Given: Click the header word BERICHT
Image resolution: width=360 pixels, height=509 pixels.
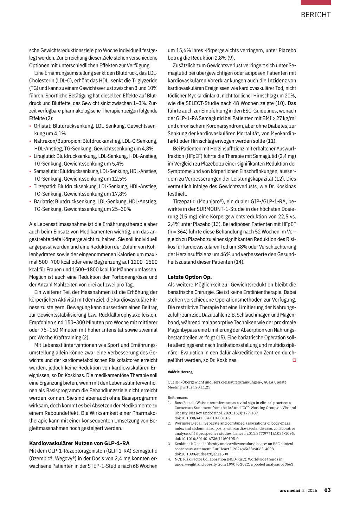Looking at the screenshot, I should (x=315, y=15).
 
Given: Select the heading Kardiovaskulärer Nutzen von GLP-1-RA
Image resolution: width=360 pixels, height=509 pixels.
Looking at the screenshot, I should (x=79, y=443).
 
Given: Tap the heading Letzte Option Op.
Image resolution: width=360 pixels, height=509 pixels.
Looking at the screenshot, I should (x=189, y=277).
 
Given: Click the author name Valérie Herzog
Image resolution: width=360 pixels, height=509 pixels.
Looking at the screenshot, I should (x=180, y=372).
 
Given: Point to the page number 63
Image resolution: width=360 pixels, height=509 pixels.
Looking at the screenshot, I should (x=327, y=490).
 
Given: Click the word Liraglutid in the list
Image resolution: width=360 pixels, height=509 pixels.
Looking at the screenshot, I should (x=44, y=156).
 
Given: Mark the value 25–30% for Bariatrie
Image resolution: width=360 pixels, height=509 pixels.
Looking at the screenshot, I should (x=122, y=209).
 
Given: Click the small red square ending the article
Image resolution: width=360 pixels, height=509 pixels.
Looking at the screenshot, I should (x=294, y=360).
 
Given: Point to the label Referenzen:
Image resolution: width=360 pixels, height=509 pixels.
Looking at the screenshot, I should (x=178, y=398).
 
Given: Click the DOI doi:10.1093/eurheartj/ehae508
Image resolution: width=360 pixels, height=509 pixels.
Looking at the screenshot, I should (x=201, y=454).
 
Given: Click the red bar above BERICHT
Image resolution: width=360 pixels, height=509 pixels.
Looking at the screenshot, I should (x=315, y=2).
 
